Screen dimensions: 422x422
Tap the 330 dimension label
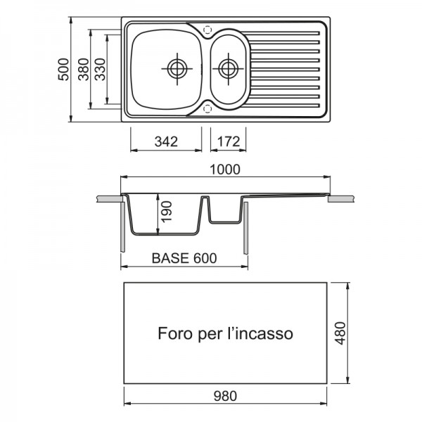100,68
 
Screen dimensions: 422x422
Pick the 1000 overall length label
225,169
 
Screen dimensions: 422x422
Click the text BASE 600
184,258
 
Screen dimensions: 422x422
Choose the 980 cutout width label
225,395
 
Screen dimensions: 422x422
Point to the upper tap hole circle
207,30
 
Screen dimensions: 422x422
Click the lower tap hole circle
207,108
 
